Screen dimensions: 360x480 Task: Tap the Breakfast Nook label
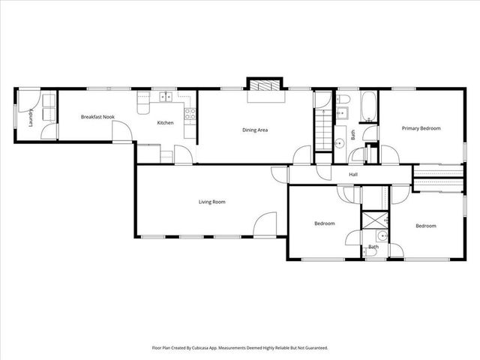click(97, 116)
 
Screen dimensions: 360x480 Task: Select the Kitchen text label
click(165, 122)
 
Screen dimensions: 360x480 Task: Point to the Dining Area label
click(255, 130)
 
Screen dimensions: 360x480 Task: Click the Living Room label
click(211, 202)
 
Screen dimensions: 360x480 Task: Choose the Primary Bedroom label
click(421, 128)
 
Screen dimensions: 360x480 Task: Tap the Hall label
click(352, 175)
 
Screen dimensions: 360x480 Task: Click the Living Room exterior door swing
click(265, 225)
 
